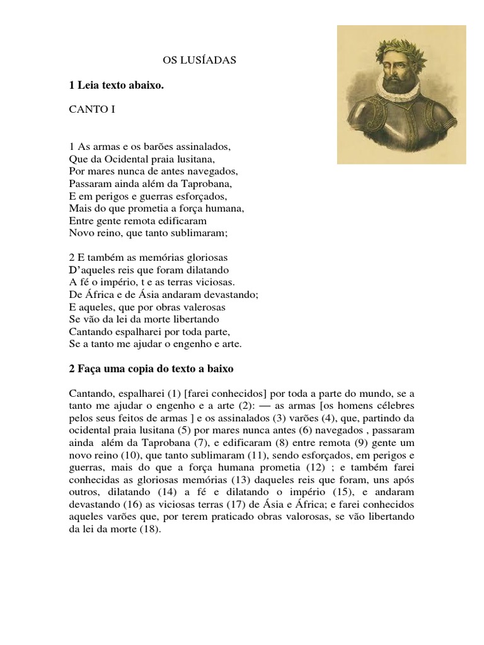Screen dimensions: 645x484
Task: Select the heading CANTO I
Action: click(92, 108)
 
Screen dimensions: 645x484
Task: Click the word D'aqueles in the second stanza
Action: click(89, 270)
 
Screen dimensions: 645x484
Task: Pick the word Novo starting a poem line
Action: click(80, 233)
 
